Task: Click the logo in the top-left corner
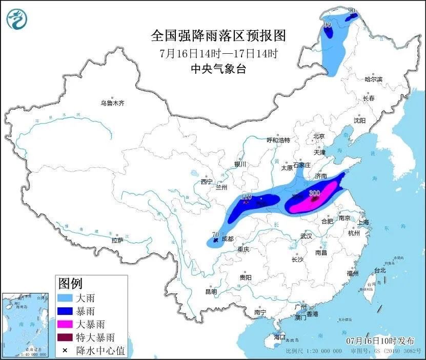click(x=17, y=19)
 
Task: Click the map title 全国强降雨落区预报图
click(x=218, y=36)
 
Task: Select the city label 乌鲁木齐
click(x=112, y=103)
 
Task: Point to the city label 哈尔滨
click(x=373, y=79)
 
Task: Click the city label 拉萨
click(x=117, y=240)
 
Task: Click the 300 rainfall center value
click(x=314, y=193)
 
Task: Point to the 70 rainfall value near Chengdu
click(x=215, y=234)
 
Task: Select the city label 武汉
click(x=307, y=236)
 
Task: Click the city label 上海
click(x=363, y=222)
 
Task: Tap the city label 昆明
click(x=211, y=291)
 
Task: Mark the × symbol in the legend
click(x=66, y=351)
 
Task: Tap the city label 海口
click(x=279, y=338)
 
